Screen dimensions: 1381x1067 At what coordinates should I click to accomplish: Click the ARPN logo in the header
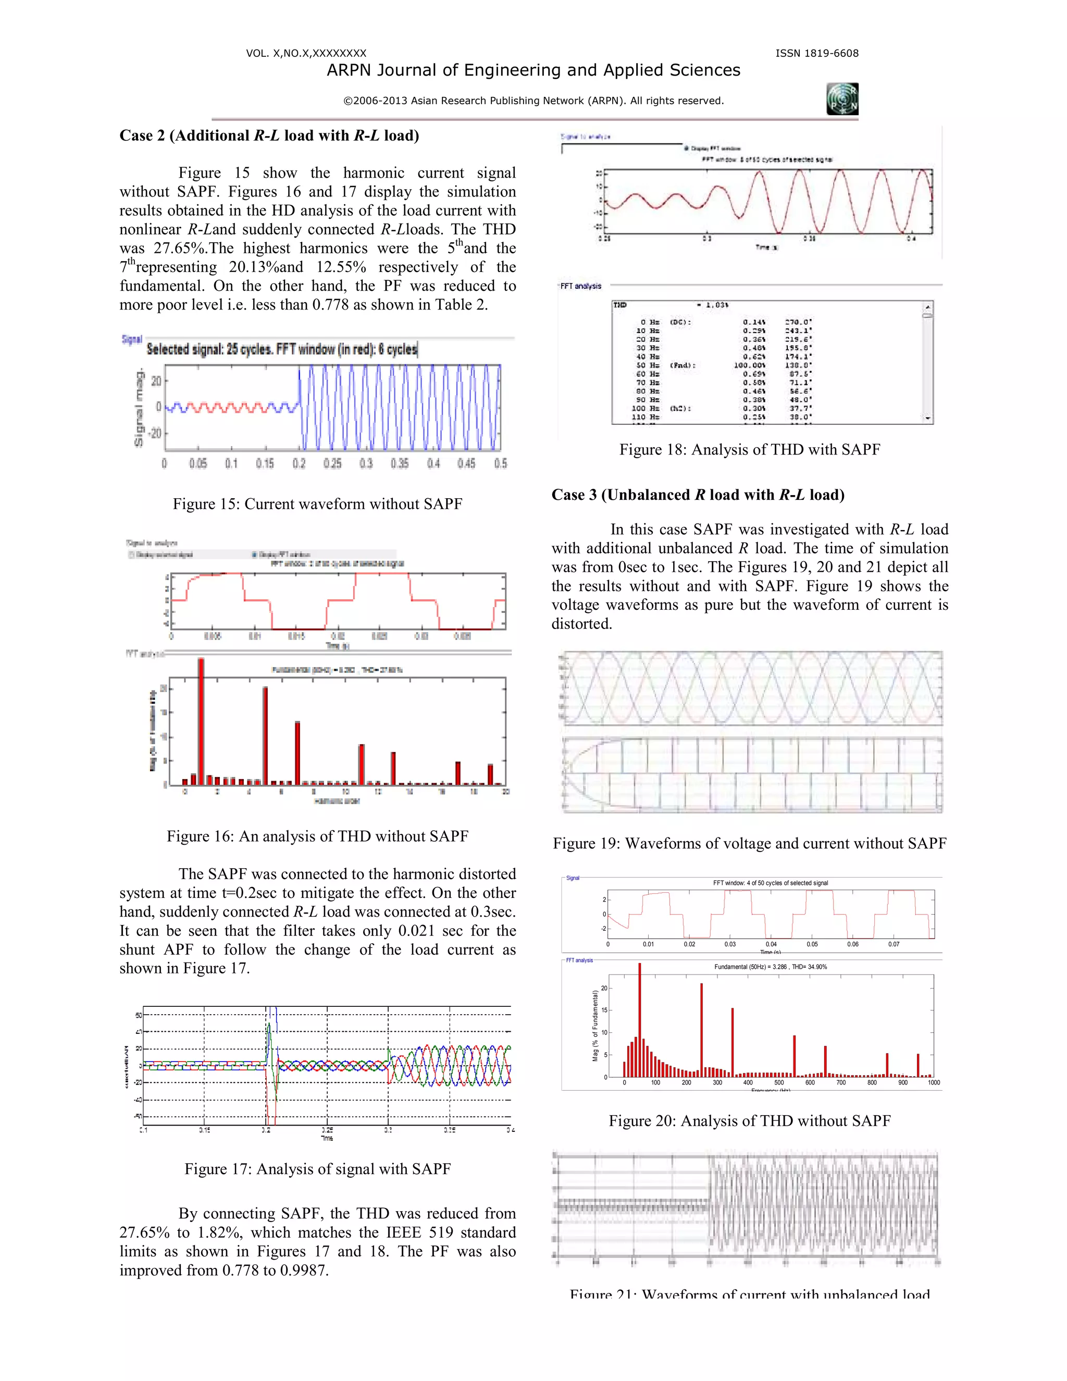(842, 98)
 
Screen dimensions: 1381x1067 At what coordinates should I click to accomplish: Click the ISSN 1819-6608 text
(817, 53)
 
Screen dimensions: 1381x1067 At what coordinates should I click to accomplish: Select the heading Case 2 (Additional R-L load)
(269, 136)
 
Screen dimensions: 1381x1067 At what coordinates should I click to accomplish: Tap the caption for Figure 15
(317, 504)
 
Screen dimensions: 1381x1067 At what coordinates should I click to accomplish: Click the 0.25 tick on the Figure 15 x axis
(332, 463)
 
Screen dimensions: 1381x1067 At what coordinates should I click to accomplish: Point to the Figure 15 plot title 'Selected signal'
(282, 349)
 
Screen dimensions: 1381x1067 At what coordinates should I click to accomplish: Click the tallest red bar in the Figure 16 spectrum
(201, 721)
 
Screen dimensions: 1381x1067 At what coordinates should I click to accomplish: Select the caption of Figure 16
(317, 836)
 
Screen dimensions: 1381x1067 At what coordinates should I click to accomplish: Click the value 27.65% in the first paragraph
(179, 248)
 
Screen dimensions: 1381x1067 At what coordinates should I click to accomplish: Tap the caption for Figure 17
(317, 1168)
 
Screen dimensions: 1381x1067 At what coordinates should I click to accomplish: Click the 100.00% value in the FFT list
(750, 365)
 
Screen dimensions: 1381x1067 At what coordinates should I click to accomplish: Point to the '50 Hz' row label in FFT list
(650, 365)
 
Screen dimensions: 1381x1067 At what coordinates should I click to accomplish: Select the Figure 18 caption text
(750, 450)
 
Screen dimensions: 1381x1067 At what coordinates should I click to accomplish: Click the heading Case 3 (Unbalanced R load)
(698, 495)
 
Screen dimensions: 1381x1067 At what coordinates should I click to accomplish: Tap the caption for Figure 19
(750, 844)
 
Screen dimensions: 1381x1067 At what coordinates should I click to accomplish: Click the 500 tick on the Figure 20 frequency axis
(779, 1082)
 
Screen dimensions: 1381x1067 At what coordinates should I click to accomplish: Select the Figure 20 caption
(750, 1121)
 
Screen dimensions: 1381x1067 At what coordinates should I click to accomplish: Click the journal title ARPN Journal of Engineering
(533, 70)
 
